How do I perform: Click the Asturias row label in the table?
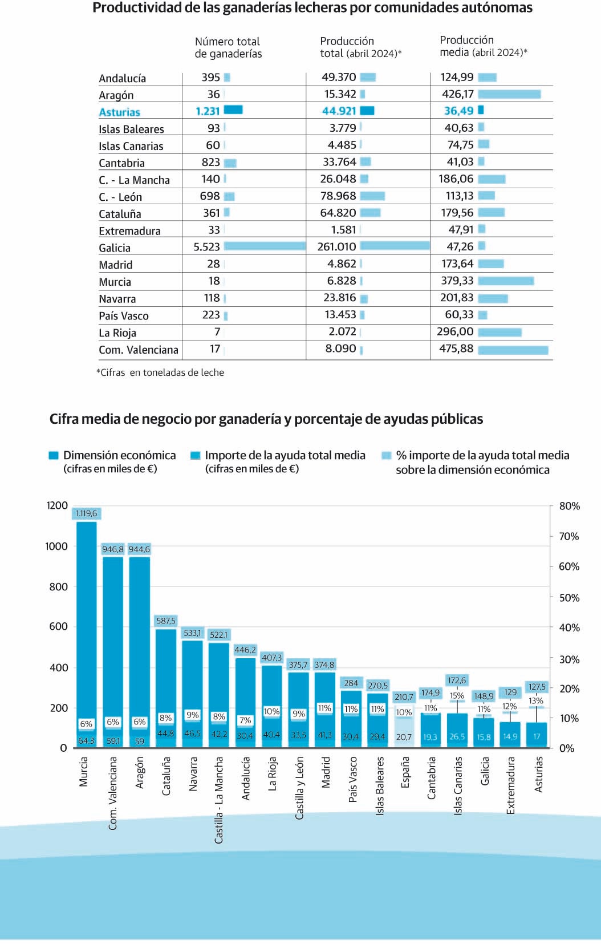point(119,112)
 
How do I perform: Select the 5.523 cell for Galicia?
point(206,247)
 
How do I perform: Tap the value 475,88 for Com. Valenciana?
point(456,349)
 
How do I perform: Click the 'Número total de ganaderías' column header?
point(228,47)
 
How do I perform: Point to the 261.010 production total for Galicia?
point(336,247)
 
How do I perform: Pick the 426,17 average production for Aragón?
point(457,94)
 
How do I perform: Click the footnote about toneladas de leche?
point(160,372)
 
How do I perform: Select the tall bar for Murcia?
point(87,627)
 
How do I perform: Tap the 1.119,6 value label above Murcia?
point(86,513)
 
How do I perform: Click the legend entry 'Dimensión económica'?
point(119,455)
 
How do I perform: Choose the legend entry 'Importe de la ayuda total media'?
point(285,455)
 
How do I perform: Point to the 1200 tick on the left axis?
point(57,505)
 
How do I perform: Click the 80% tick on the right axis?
point(569,506)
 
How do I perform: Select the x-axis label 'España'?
point(405,772)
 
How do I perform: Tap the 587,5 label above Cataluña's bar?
point(166,621)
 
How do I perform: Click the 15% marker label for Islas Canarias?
point(457,696)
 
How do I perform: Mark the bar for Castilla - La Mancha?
point(219,684)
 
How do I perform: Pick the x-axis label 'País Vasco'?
point(352,779)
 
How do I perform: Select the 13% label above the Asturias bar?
point(536,701)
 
